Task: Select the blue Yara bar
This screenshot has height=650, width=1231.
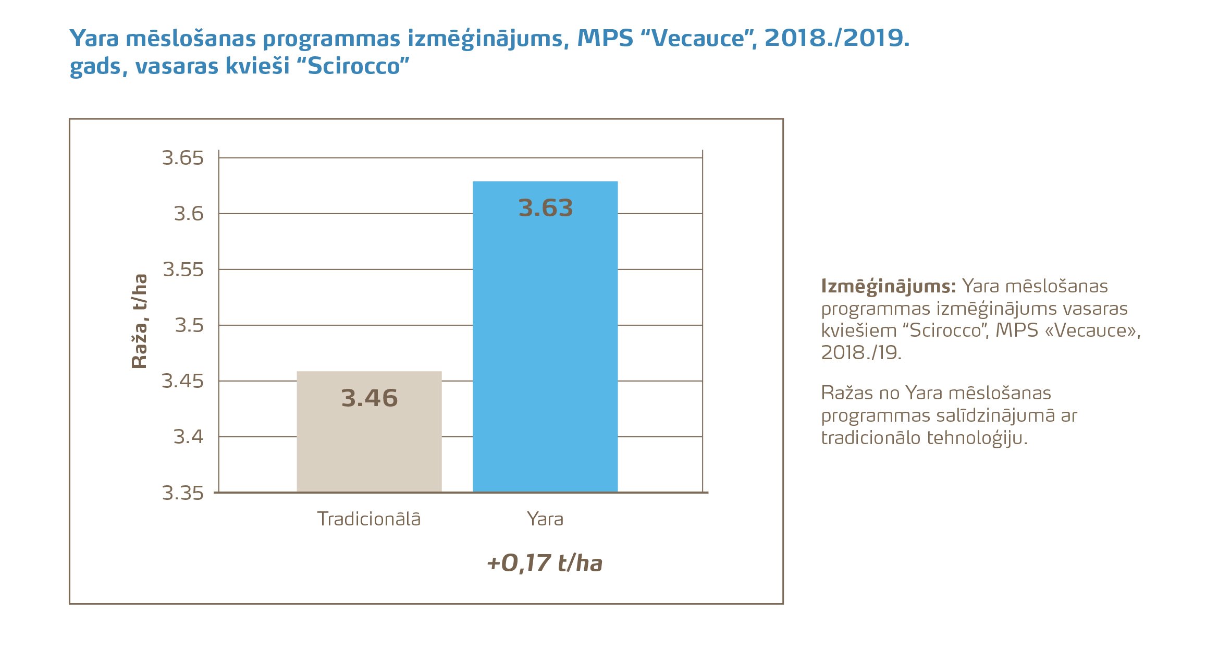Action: click(545, 339)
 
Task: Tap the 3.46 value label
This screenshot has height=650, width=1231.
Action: click(370, 398)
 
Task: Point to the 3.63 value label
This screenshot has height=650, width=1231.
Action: click(546, 208)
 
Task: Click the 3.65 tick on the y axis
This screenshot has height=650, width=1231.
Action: click(182, 158)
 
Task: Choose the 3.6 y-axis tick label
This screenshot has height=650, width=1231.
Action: click(188, 214)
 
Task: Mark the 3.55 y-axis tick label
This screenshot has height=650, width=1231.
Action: click(183, 269)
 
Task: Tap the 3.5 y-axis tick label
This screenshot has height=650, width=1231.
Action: click(189, 325)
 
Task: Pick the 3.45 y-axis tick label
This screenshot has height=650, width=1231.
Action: click(182, 381)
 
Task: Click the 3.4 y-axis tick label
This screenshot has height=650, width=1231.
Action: click(188, 437)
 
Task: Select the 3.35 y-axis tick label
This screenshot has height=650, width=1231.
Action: click(182, 493)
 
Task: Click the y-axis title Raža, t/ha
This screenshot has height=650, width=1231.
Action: click(140, 322)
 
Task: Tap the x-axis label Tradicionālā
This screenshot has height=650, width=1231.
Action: click(369, 519)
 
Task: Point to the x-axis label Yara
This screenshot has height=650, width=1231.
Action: click(545, 519)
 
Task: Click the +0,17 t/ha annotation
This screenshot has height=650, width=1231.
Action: click(545, 563)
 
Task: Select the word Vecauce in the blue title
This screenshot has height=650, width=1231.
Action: click(698, 39)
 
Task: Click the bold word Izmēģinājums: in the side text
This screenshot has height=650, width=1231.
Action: click(888, 286)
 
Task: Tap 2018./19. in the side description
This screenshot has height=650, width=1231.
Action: click(861, 353)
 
